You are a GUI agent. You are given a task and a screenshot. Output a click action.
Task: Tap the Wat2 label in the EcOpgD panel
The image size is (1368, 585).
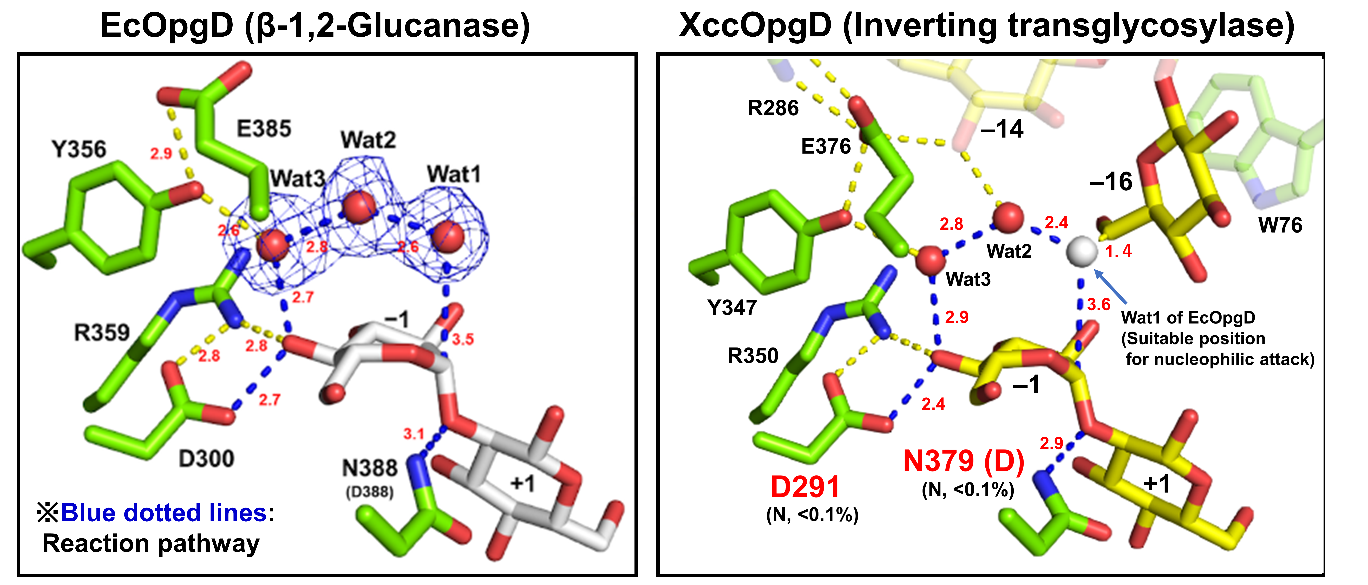pos(368,140)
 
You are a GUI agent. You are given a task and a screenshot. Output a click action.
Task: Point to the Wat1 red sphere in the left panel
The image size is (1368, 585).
pos(448,237)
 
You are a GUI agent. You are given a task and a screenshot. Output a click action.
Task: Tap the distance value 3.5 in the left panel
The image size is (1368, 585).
pos(463,339)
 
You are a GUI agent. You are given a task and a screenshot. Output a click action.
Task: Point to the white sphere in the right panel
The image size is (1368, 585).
pos(1081,252)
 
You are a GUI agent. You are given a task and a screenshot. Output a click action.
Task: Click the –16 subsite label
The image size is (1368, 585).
pos(1111,182)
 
